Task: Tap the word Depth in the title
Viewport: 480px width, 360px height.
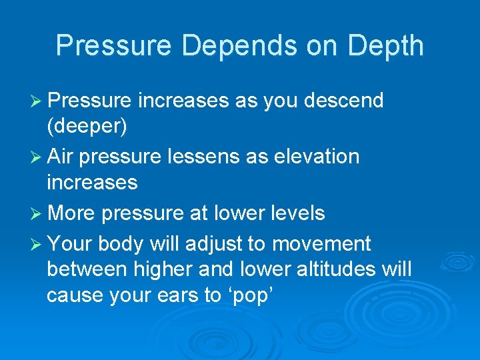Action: point(385,46)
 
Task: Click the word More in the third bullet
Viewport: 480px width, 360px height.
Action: point(72,213)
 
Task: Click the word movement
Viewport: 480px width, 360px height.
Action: point(322,245)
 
